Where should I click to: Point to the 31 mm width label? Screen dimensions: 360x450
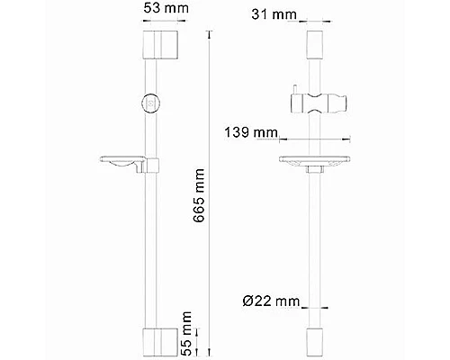(x=274, y=15)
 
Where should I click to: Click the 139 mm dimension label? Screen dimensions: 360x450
(x=255, y=133)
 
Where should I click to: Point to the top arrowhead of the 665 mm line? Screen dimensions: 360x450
(x=210, y=32)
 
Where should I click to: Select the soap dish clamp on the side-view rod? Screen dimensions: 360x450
(x=154, y=166)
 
